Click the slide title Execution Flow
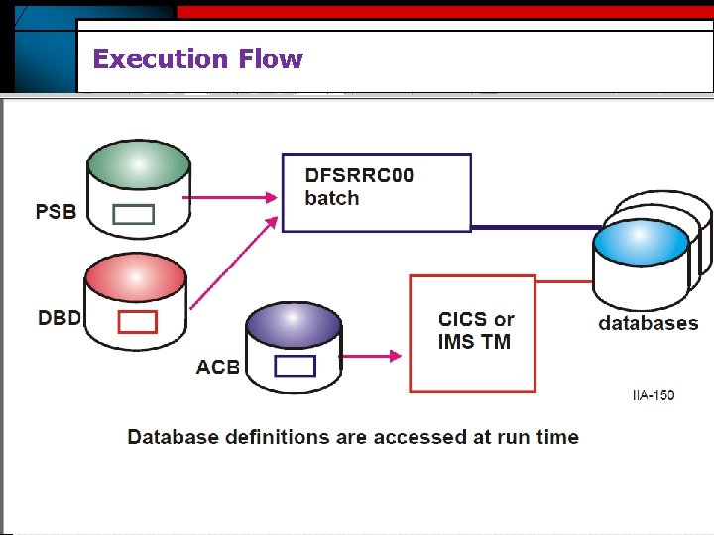197,59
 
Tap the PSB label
56,211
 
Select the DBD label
59,318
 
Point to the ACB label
218,367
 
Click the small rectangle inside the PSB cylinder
133,214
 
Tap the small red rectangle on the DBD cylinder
137,321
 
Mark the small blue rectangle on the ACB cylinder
295,366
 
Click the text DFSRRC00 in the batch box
359,175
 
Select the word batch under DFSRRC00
332,198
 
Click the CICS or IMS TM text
476,331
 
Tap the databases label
648,323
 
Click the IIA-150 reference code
653,395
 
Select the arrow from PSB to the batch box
234,197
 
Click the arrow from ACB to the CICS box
371,352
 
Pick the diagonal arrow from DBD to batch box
234,263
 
